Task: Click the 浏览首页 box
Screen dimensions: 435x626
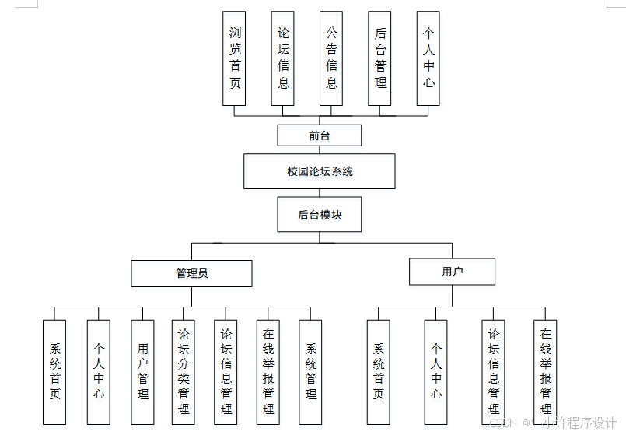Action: point(234,58)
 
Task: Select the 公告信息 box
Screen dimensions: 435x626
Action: point(331,58)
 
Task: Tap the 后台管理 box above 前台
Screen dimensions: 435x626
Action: point(380,58)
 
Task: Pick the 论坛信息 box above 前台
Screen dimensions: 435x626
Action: point(283,58)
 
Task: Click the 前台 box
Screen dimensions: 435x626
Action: point(320,135)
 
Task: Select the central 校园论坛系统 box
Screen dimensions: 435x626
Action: point(320,171)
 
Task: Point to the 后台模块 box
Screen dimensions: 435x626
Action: point(320,214)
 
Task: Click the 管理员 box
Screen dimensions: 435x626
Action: point(191,273)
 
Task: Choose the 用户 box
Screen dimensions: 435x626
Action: point(452,272)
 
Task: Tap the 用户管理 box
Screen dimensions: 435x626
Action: point(142,372)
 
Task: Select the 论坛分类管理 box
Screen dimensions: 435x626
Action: point(184,372)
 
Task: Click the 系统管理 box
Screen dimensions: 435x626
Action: point(311,372)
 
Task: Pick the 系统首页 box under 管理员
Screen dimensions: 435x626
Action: point(54,372)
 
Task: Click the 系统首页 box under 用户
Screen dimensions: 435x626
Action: point(379,372)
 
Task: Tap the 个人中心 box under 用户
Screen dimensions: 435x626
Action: point(436,372)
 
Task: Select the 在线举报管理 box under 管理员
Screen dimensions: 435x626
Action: point(268,372)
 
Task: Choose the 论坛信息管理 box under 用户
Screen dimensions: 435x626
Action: point(493,372)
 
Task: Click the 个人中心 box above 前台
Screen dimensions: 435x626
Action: point(428,58)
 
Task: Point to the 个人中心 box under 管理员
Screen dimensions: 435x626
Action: point(99,372)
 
